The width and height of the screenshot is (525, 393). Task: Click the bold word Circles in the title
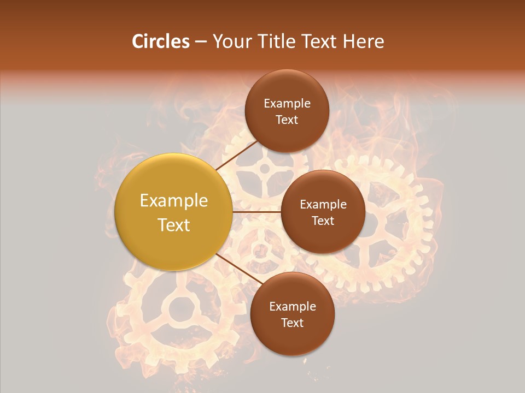click(x=160, y=41)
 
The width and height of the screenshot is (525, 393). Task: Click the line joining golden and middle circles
click(x=256, y=212)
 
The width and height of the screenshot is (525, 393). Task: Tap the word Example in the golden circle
click(x=174, y=201)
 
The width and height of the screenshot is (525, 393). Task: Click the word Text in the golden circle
click(x=174, y=225)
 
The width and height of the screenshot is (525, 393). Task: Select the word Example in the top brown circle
click(x=287, y=104)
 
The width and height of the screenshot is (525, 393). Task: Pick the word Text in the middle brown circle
click(x=323, y=221)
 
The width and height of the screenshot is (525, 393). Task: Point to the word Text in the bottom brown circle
click(x=292, y=323)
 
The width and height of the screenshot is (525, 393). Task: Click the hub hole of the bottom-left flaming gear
click(x=179, y=309)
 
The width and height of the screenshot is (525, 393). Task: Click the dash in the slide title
click(x=200, y=41)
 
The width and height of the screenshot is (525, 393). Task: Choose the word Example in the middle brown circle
click(x=323, y=205)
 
